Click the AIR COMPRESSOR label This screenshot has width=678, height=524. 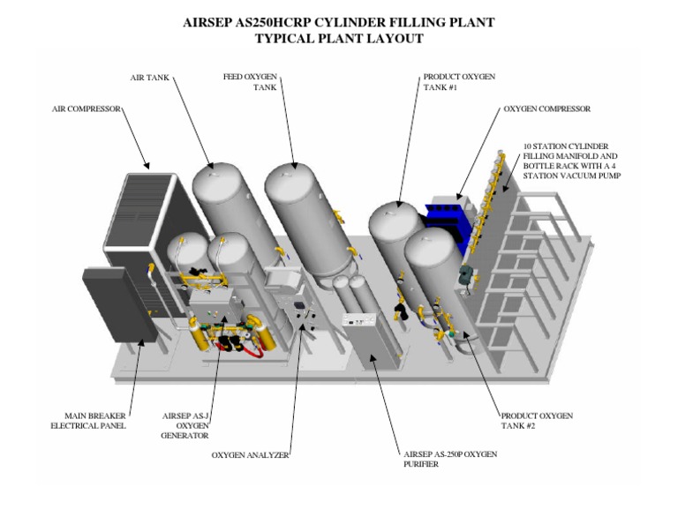pos(86,109)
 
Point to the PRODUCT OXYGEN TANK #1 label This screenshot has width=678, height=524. pos(459,83)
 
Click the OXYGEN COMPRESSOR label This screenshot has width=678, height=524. pos(546,109)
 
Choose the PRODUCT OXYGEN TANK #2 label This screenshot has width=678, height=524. pos(537,421)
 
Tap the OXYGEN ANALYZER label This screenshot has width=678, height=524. pos(251,455)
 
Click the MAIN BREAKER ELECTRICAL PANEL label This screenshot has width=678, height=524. pos(88,421)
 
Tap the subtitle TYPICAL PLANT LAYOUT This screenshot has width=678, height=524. pos(338,39)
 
